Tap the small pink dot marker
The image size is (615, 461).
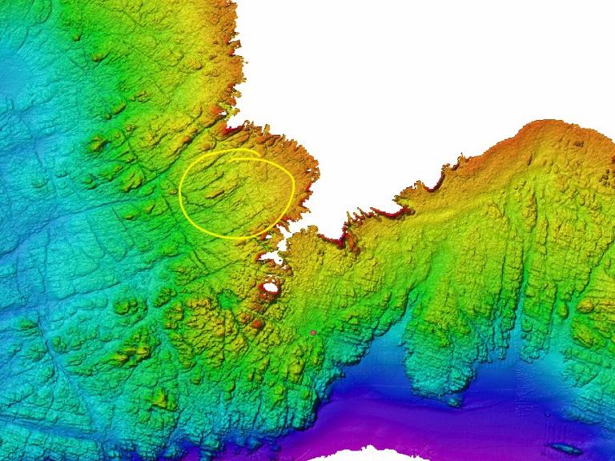[313, 332]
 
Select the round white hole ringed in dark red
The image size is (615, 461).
[271, 287]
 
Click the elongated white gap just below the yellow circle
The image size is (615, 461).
[271, 258]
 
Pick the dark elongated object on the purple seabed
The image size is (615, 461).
[565, 448]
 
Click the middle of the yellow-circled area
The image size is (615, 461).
[237, 194]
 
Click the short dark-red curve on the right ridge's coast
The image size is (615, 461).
[436, 186]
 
